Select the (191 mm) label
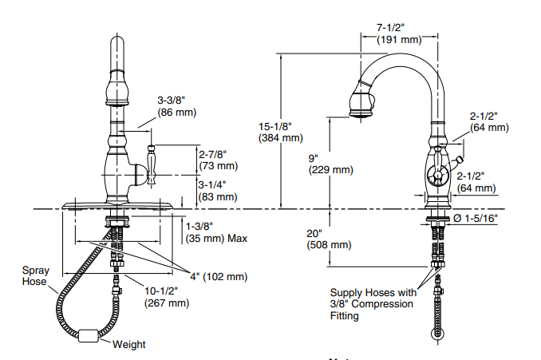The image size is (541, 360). click(x=399, y=39)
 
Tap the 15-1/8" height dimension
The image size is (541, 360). click(x=276, y=126)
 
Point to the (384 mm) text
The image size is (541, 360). click(x=276, y=137)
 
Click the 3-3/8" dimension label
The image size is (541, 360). click(x=171, y=101)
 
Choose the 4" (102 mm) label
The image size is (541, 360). click(x=217, y=277)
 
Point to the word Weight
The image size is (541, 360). click(x=128, y=345)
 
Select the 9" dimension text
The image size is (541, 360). click(x=319, y=158)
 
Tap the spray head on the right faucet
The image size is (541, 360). click(x=361, y=105)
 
